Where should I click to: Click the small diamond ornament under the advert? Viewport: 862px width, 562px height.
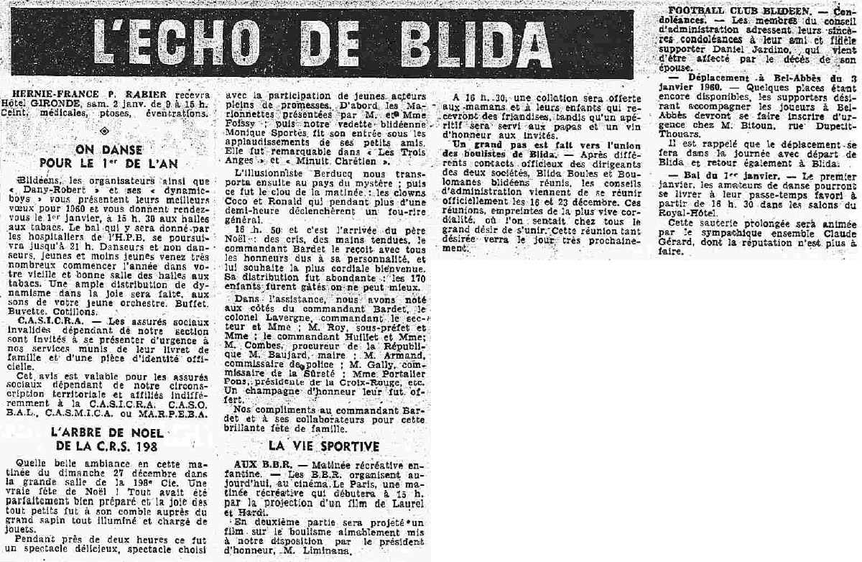pyautogui.click(x=107, y=131)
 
